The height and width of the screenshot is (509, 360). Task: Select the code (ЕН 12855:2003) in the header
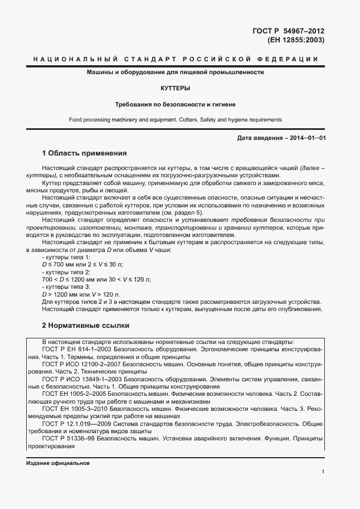296,40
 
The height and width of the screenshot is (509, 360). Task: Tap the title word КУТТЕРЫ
174,88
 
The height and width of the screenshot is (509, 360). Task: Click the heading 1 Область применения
85,153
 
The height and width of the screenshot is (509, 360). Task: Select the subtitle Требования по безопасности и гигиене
174,104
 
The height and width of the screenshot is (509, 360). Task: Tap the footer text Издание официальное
57,463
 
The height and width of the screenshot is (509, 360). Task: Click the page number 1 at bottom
323,472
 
